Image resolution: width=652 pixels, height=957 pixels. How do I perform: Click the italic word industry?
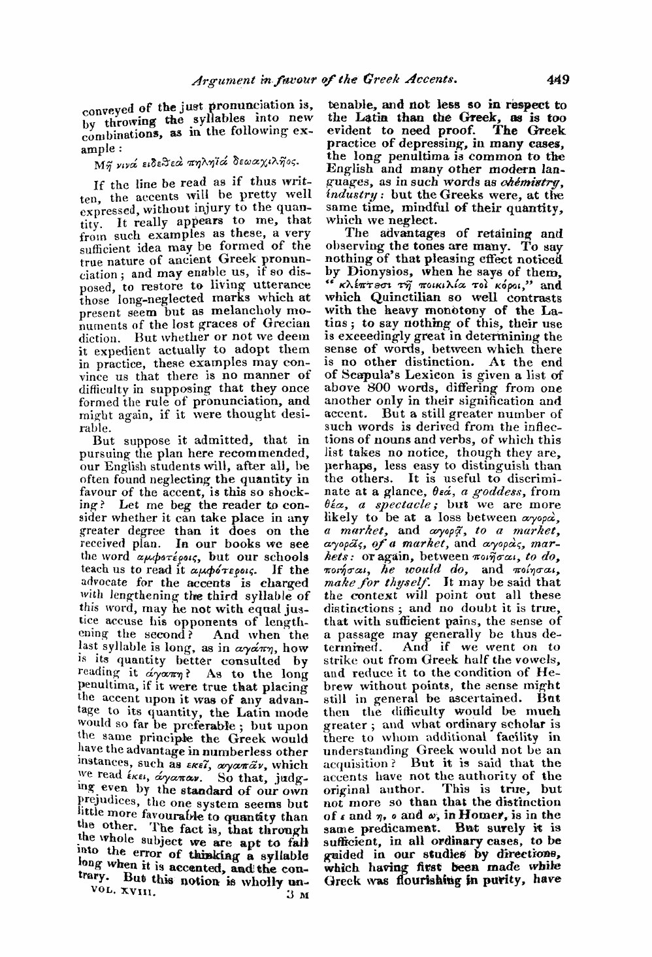(349, 178)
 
